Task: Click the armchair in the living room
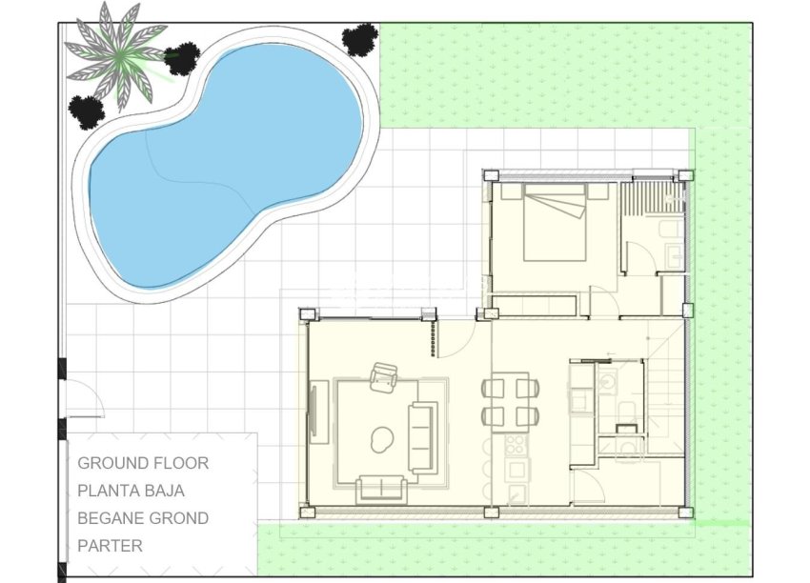(385, 377)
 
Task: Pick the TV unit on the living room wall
(317, 410)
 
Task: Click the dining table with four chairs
(510, 401)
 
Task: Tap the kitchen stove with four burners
(515, 445)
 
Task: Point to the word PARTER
(110, 546)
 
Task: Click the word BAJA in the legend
(166, 492)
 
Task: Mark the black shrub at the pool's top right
(359, 40)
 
